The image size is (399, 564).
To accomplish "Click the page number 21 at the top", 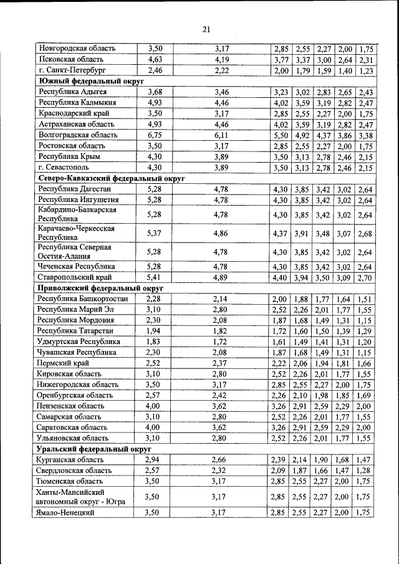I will coord(207,29).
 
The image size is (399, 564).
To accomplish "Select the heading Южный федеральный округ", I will coord(92,81).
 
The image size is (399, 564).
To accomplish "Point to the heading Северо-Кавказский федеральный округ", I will coord(113,178).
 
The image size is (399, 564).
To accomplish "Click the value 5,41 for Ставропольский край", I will coord(155,277).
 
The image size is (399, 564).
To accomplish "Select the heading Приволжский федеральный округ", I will coord(100,289).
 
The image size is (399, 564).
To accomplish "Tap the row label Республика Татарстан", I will coord(76,330).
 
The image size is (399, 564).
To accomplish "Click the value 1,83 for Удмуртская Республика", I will coord(155,342).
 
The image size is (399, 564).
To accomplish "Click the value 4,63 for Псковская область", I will coord(155,60).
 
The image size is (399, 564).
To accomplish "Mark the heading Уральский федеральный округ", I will coord(95,448).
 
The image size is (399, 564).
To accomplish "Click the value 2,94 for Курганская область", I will coord(155,459).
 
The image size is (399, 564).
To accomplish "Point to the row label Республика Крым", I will coord(69,156).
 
